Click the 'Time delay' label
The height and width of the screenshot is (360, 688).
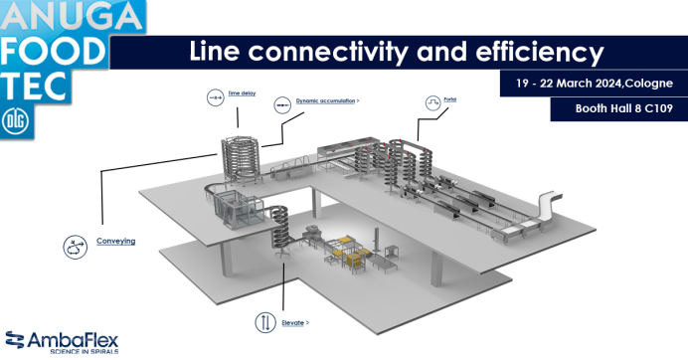[x=242, y=92]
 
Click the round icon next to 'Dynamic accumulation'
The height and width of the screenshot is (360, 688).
[x=282, y=102]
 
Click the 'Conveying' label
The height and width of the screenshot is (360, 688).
[x=117, y=241]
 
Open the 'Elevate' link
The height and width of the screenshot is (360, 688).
[x=292, y=323]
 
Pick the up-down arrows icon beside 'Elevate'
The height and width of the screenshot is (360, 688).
[x=265, y=322]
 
